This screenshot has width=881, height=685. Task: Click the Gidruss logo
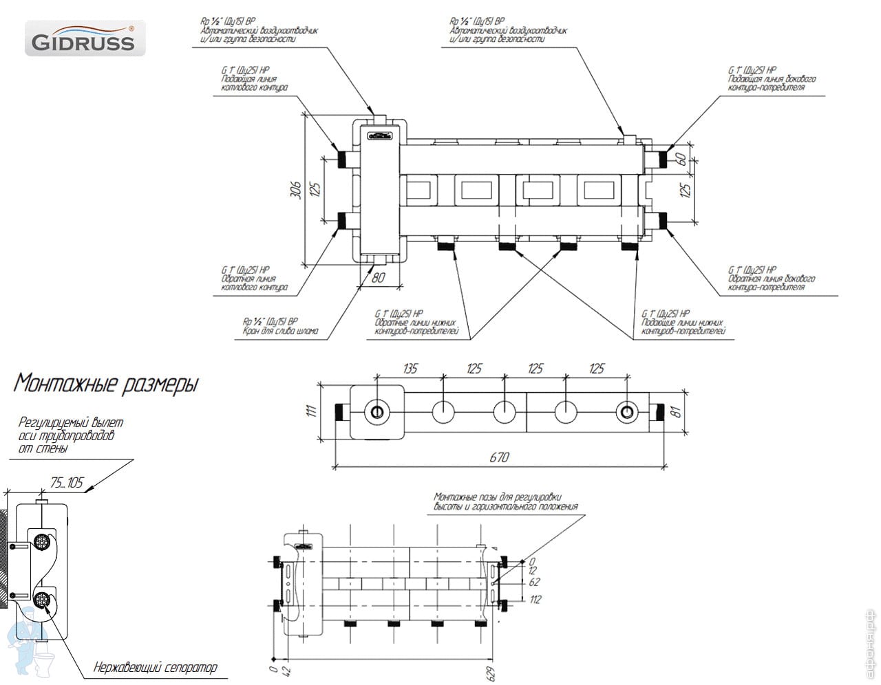(x=81, y=39)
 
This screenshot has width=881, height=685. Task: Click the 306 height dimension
(x=295, y=189)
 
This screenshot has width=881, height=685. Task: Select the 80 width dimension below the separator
(x=377, y=279)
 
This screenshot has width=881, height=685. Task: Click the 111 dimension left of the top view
(x=310, y=411)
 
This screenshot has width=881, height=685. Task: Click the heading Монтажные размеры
(x=105, y=383)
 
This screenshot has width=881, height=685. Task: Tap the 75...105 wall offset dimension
(x=67, y=482)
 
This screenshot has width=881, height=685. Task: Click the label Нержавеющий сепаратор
(x=155, y=667)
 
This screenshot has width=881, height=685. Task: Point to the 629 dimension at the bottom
(x=491, y=671)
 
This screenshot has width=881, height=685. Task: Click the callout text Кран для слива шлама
(x=280, y=326)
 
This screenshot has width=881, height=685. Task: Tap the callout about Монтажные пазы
(x=505, y=501)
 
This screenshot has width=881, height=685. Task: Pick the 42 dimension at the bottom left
(x=288, y=670)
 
